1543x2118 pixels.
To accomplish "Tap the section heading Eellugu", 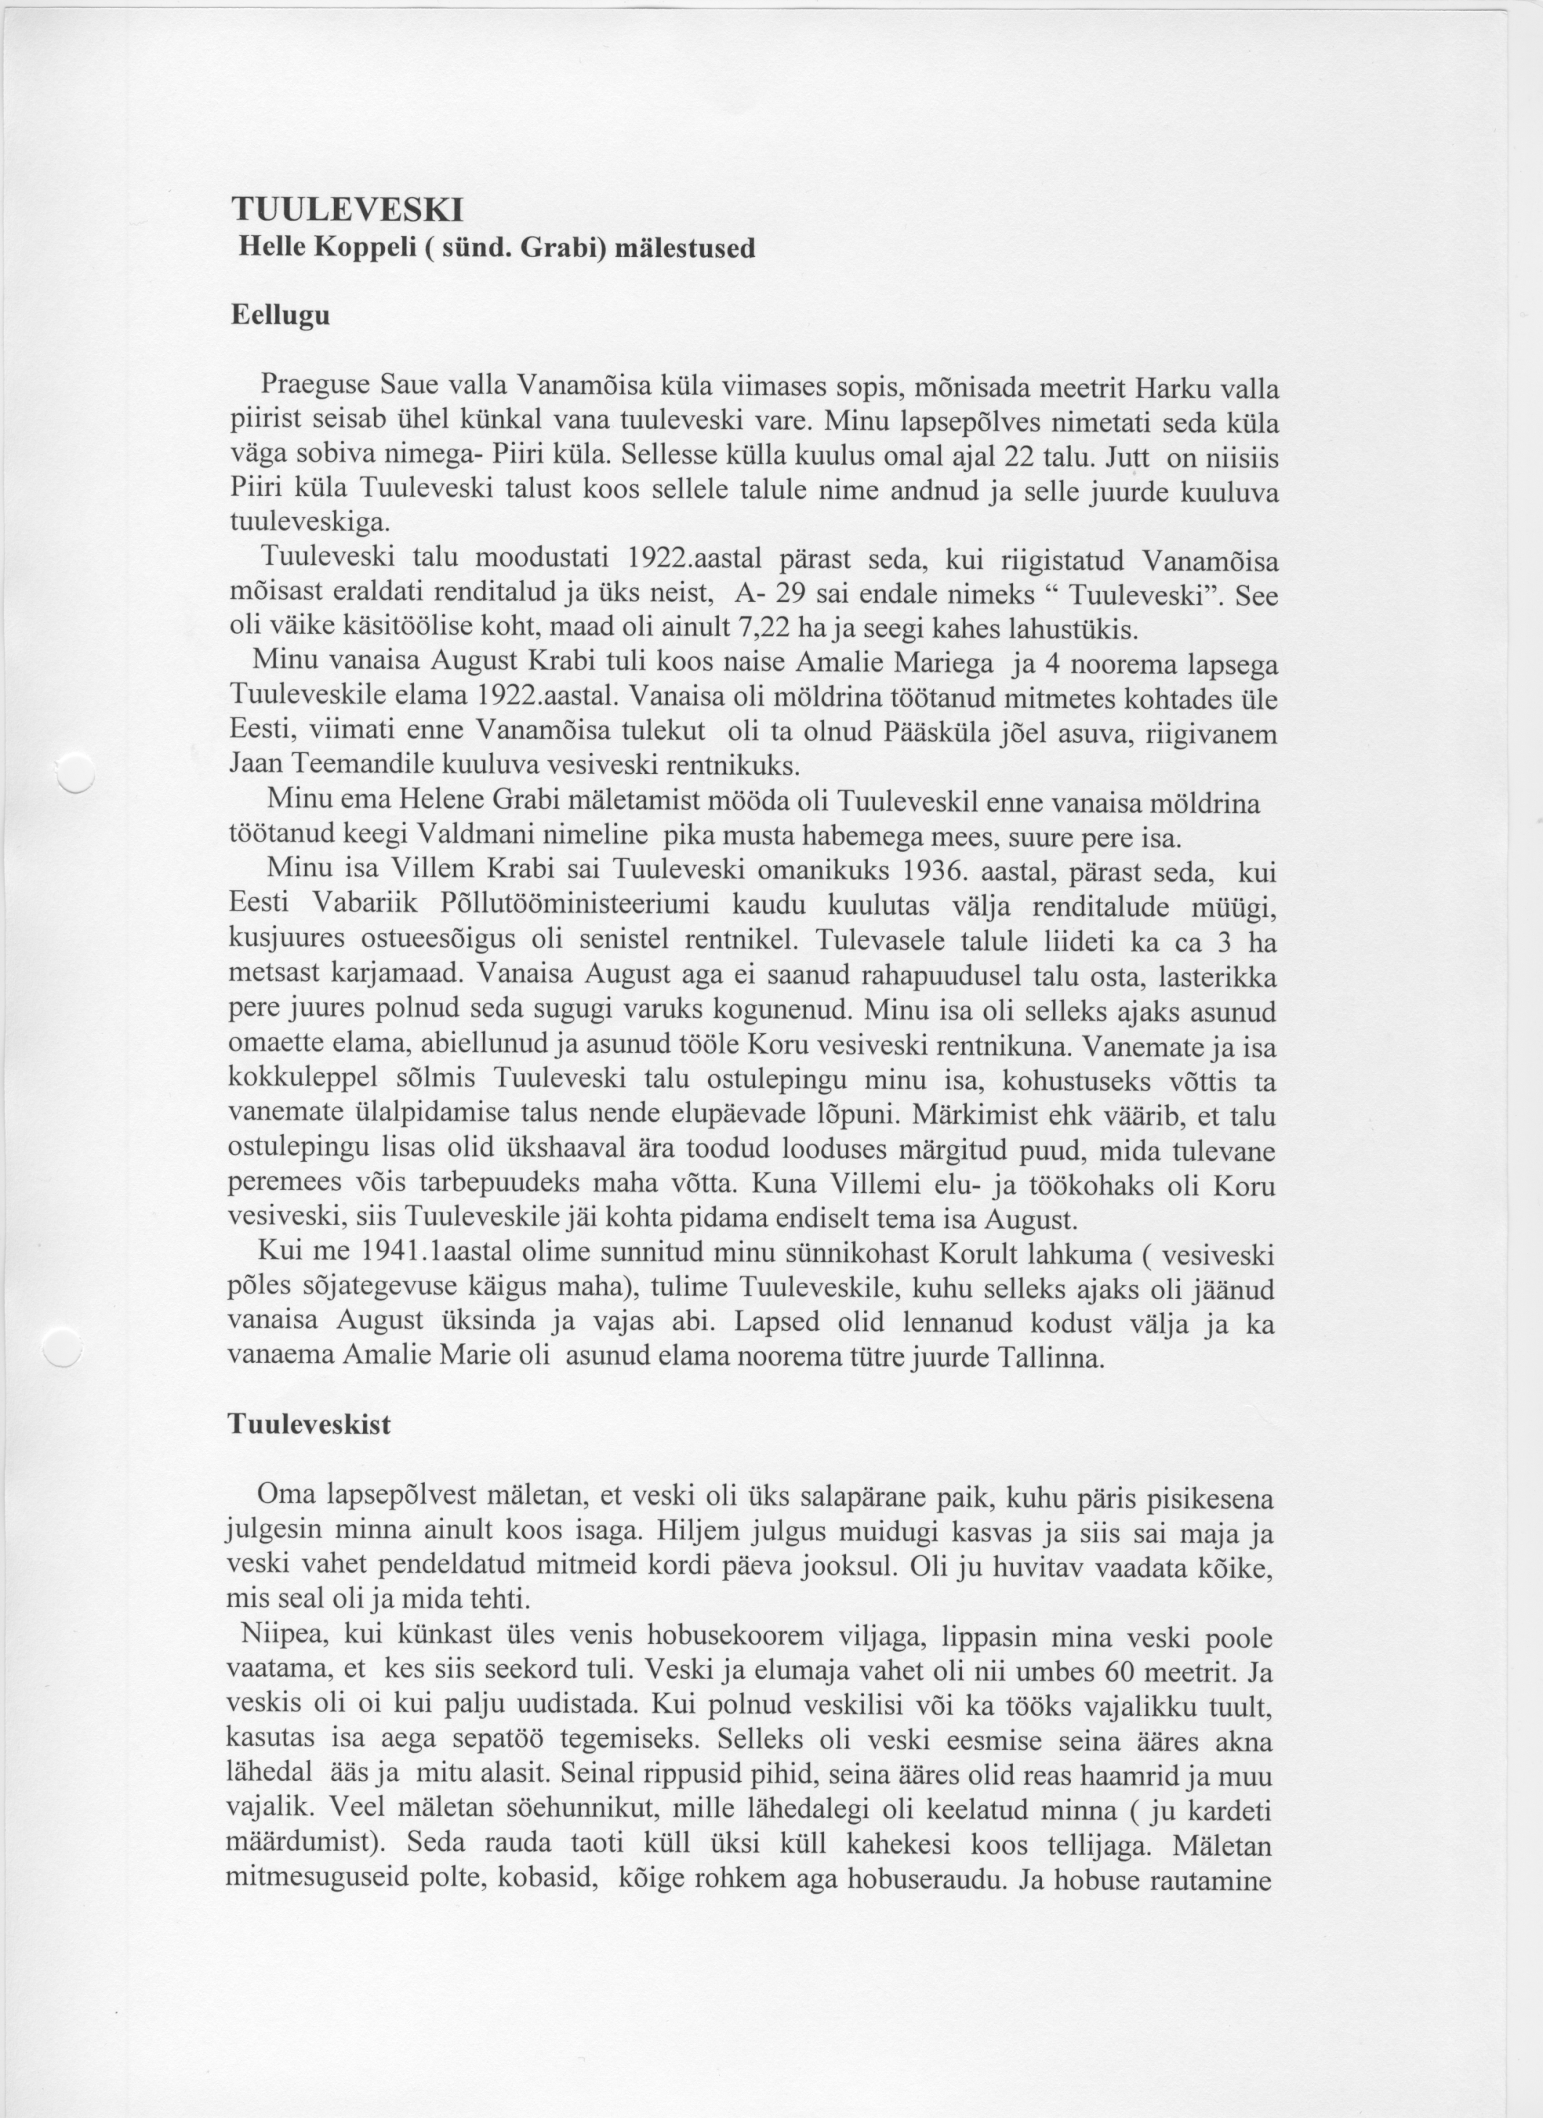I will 280,316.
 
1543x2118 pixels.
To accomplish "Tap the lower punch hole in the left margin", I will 63,1348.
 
